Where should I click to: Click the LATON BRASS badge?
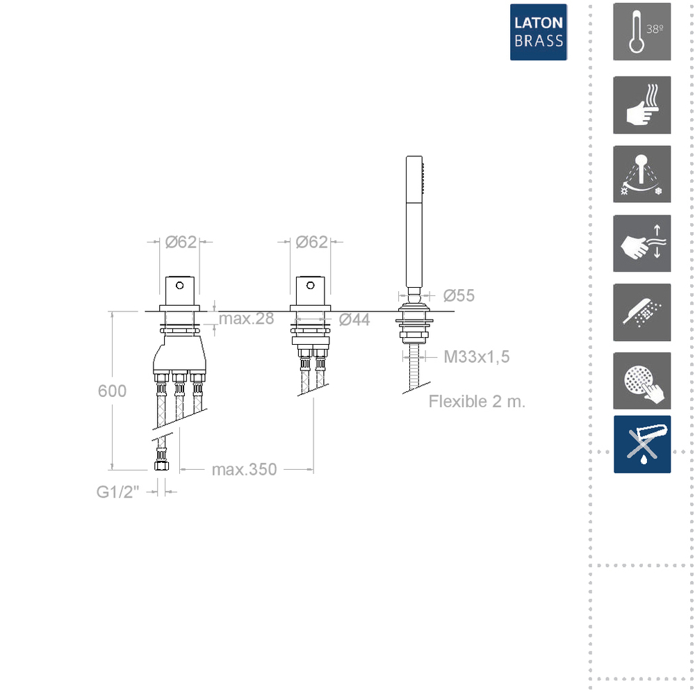[x=538, y=32]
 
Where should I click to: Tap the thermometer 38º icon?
[x=641, y=31]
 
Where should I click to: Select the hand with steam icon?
[x=641, y=105]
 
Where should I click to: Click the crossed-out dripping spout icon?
[x=641, y=444]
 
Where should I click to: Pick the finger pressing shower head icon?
[x=641, y=381]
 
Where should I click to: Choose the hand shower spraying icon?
[x=641, y=313]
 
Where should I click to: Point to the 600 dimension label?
[x=112, y=391]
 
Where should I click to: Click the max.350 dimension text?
[x=244, y=469]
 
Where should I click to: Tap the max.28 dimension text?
[x=247, y=319]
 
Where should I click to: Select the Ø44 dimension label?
[x=354, y=320]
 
